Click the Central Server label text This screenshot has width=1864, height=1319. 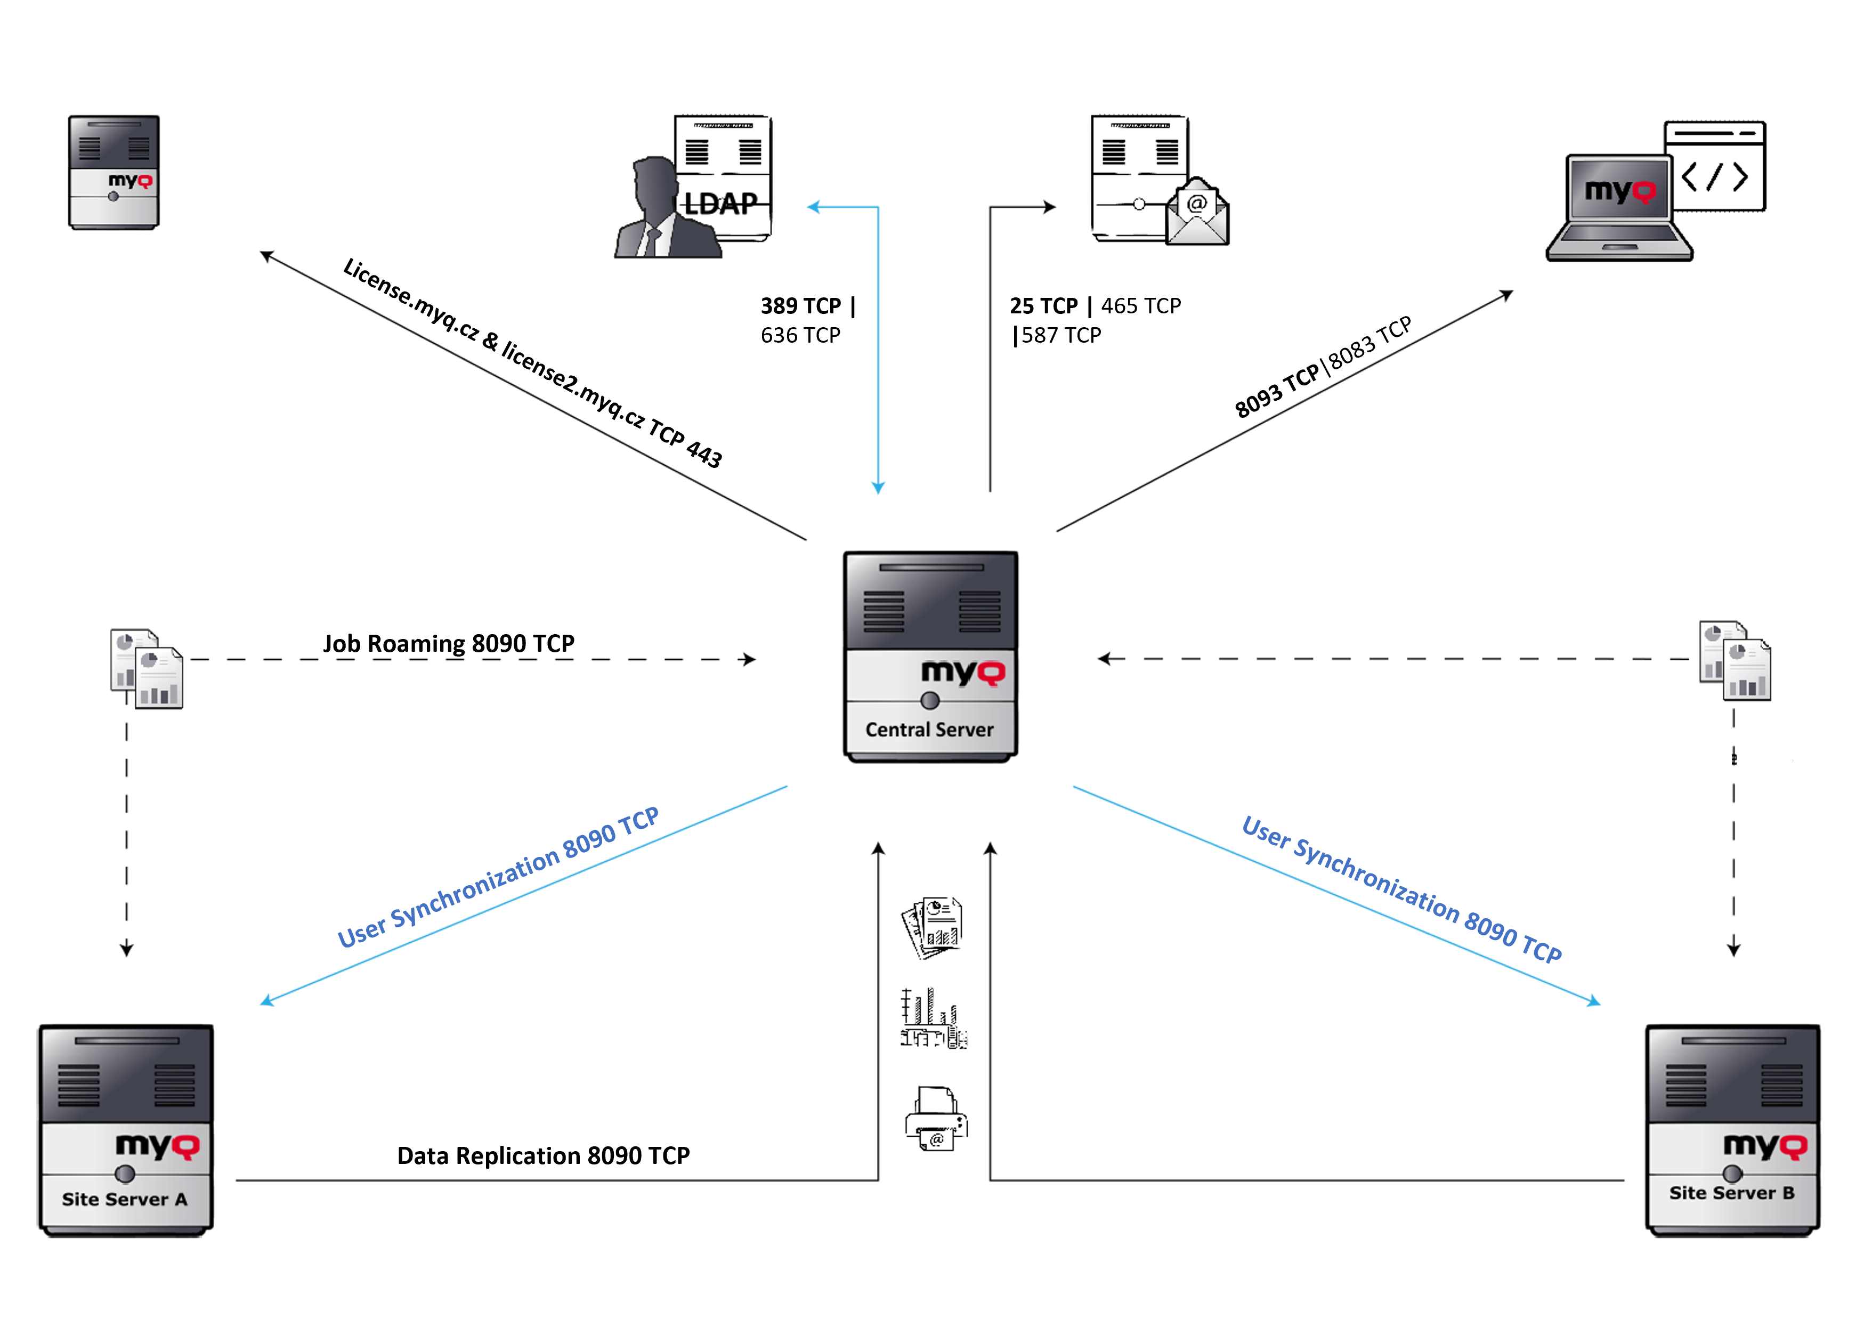pyautogui.click(x=929, y=730)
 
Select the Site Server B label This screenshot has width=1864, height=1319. pyautogui.click(x=1732, y=1192)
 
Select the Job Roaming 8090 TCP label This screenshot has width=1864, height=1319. pyautogui.click(x=448, y=643)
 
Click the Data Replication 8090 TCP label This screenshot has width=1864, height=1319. pyautogui.click(x=544, y=1155)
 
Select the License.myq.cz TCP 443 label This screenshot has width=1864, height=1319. pyautogui.click(x=532, y=362)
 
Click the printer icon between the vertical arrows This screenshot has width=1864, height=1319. pyautogui.click(x=936, y=1119)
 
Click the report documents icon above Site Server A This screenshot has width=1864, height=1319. pyautogui.click(x=146, y=668)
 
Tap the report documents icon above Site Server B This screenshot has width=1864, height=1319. pyautogui.click(x=1735, y=660)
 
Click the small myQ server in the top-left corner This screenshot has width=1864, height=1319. pyautogui.click(x=114, y=172)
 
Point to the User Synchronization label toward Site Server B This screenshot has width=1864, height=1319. pyautogui.click(x=1401, y=889)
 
